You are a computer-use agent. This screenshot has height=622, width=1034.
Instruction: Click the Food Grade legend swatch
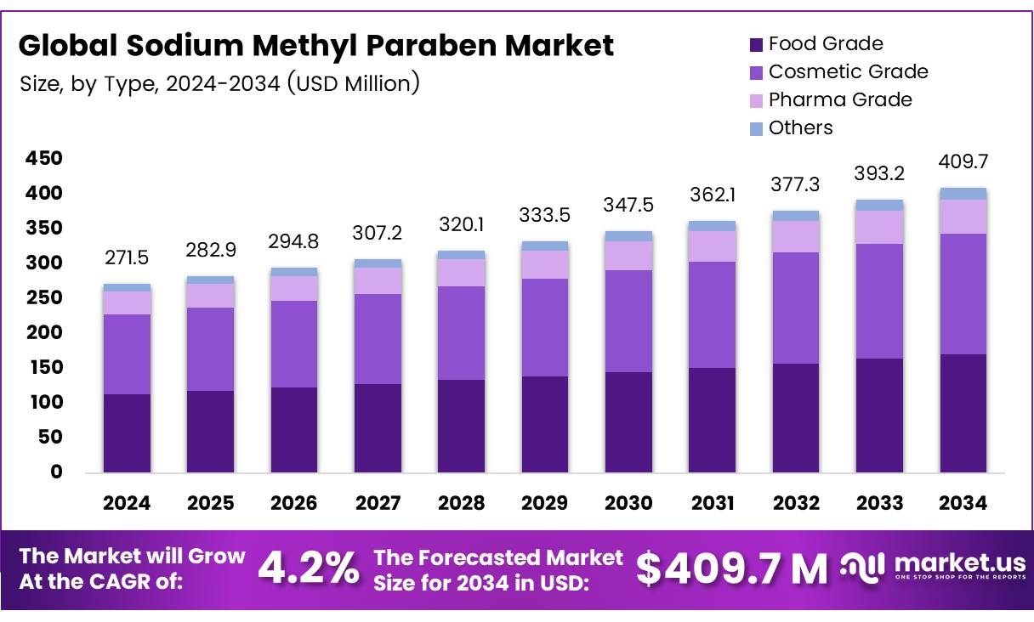pos(756,44)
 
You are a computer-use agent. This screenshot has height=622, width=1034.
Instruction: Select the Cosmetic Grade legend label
pos(848,71)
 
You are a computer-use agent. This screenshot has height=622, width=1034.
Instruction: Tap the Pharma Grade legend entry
pos(839,99)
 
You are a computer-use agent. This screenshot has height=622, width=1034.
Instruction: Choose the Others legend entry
pos(800,127)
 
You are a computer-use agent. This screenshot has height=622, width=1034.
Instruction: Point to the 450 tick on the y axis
pos(44,159)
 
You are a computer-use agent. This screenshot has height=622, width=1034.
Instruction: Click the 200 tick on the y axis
pos(44,333)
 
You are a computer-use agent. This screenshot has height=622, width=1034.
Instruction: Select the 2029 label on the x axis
pos(544,503)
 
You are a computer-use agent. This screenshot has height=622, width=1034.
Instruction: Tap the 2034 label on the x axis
pos(963,503)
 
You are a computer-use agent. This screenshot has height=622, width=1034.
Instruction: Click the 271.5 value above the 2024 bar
pos(127,257)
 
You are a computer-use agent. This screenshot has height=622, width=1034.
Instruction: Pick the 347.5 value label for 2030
pos(628,205)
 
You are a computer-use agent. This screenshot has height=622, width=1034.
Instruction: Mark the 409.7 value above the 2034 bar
pos(963,161)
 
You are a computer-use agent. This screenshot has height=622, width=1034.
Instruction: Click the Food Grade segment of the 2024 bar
pos(127,433)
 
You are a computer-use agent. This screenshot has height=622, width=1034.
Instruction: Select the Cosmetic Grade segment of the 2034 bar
pos(963,294)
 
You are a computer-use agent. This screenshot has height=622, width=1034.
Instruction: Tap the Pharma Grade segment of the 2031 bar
pos(712,246)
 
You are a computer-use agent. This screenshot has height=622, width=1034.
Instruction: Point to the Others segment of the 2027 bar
pos(378,263)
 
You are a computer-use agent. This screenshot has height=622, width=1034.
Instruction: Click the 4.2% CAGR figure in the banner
pos(308,568)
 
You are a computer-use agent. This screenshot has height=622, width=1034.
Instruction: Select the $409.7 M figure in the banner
pos(731,568)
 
